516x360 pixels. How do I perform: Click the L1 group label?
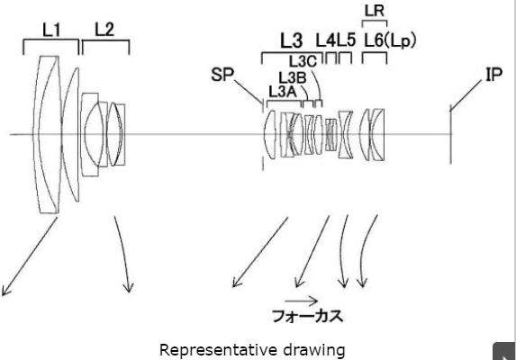(x=51, y=31)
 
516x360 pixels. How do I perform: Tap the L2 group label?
(x=104, y=30)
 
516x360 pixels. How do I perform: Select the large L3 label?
(x=291, y=40)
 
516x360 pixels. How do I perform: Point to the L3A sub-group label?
(x=283, y=92)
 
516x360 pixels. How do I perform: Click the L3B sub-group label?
(x=293, y=78)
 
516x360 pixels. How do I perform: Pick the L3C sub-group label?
(x=303, y=61)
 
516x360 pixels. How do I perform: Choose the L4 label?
(x=325, y=40)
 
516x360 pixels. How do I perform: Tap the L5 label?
(x=346, y=40)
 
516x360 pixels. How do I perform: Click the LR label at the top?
(x=375, y=11)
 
